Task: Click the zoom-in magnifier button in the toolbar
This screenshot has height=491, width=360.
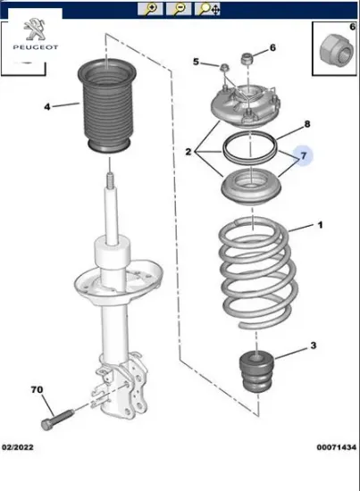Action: pos(150,9)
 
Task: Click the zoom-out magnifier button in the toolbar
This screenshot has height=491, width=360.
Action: pos(179,9)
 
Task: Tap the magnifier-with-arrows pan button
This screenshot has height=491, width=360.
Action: pos(207,9)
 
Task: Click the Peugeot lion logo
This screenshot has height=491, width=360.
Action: pos(35,29)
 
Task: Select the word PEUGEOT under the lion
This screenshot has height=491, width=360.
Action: pos(36,47)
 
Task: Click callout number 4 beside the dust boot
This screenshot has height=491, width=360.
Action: pos(47,107)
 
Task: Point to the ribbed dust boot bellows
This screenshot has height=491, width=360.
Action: pos(107,106)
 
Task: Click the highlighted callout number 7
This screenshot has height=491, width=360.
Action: pos(304,155)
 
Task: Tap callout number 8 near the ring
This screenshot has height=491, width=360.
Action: pos(307,124)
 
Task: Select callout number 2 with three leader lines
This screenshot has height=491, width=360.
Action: pos(188,152)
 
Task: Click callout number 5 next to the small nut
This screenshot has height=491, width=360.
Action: pos(196,62)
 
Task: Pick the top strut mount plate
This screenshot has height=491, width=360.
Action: pos(245,106)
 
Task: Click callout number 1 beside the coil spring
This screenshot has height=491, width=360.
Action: pos(320,225)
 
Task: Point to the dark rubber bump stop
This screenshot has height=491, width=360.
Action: pos(256,371)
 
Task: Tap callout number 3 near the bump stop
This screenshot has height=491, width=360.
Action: pos(314,345)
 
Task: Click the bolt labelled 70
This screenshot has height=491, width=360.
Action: pos(57,420)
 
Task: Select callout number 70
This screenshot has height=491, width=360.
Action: pos(37,390)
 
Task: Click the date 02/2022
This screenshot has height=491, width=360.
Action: pos(18,447)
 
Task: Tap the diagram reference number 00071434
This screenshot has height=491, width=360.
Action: pos(337,447)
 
